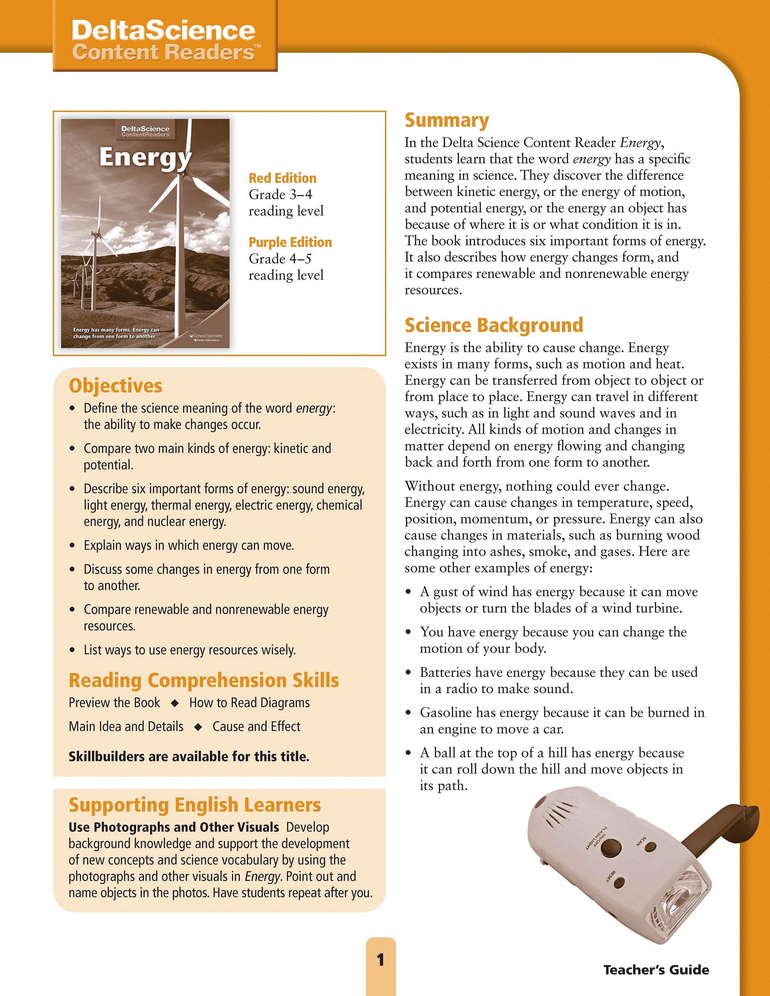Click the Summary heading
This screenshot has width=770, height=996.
[x=446, y=121]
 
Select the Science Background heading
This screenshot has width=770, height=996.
[x=494, y=325]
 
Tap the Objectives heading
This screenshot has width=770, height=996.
[x=115, y=386]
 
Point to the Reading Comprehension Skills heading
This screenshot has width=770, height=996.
[x=203, y=680]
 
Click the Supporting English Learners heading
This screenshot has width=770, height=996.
[x=195, y=805]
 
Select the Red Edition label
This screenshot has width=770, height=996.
[x=282, y=178]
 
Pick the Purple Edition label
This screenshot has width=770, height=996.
[x=290, y=242]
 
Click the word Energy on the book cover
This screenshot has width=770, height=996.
[x=145, y=157]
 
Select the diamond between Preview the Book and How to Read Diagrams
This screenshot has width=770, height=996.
[x=175, y=703]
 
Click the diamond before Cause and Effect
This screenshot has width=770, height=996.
[x=198, y=727]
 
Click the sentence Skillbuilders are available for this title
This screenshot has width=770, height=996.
[x=189, y=757]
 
